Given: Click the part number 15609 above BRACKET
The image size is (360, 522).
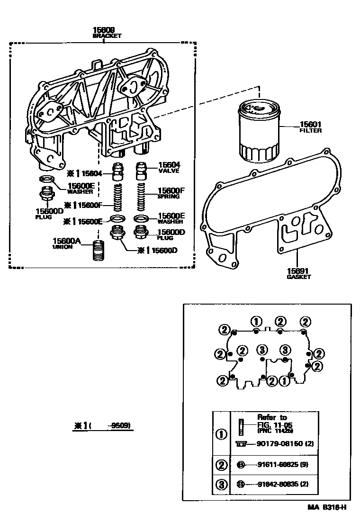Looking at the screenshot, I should click(x=107, y=30).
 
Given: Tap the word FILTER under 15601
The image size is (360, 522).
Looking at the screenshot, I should click(x=310, y=131).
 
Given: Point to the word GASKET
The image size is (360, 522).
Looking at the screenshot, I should click(x=298, y=277).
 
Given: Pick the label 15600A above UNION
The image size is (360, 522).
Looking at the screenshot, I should click(x=67, y=242).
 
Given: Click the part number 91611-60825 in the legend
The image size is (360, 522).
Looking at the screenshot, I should click(x=276, y=465).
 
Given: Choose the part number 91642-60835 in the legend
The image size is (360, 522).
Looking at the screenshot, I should click(x=276, y=485).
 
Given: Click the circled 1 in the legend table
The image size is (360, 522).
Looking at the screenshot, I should click(x=221, y=434).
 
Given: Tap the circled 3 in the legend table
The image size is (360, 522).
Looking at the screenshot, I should click(x=221, y=485).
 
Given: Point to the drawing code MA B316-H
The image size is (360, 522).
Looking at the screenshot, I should click(x=326, y=508).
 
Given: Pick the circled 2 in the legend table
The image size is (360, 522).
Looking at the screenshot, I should click(x=221, y=465).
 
